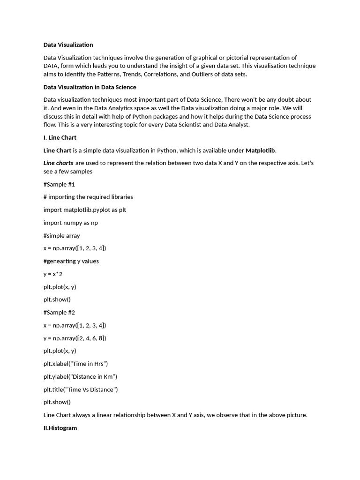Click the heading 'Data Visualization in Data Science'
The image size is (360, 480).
90,87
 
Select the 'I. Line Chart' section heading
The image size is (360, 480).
60,138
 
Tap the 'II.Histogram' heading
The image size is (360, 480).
60,428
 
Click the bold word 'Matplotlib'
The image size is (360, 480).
260,150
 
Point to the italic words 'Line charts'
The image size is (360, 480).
58,163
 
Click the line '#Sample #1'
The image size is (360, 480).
59,184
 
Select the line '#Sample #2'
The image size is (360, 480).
59,312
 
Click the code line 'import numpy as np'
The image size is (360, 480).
70,223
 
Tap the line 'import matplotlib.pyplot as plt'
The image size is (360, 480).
84,210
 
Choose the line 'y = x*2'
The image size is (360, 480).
53,274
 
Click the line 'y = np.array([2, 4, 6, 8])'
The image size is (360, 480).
75,338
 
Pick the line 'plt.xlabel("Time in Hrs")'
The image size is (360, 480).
75,364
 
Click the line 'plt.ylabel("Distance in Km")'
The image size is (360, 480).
80,376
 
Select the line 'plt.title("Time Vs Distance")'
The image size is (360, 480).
81,390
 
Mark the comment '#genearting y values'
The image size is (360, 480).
71,261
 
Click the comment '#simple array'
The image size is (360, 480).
61,236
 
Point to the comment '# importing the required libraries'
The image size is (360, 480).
88,197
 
